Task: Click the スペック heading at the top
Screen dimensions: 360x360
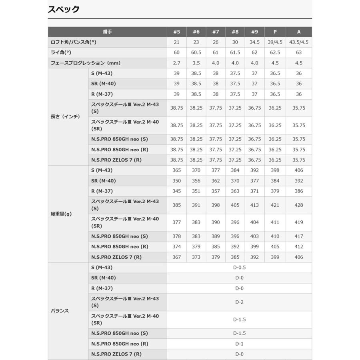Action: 64,10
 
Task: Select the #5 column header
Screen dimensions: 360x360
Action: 177,32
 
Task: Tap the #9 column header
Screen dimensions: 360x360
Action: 254,32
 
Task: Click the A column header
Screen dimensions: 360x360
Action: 299,32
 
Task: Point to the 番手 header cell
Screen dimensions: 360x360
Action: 107,32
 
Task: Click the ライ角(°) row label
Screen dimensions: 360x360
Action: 61,52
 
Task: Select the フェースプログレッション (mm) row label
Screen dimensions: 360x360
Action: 85,63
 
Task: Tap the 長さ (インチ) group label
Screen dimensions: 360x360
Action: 65,117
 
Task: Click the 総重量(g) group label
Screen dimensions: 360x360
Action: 61,214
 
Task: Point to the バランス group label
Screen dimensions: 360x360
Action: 60,311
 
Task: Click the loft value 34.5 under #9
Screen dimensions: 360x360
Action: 254,42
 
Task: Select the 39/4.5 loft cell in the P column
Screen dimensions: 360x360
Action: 275,42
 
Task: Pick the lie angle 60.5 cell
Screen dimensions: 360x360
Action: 196,52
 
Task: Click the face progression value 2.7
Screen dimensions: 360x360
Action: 177,63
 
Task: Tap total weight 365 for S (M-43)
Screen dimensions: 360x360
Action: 177,170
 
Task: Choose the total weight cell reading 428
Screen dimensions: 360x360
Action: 299,205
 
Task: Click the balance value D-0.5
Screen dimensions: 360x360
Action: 239,268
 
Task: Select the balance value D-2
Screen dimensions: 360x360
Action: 239,302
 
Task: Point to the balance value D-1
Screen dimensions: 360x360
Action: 239,344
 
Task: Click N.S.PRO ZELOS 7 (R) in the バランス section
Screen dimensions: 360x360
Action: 116,354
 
